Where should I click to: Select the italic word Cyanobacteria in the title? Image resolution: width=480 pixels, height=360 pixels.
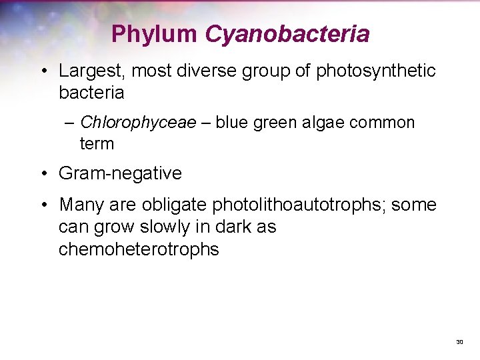click(x=287, y=33)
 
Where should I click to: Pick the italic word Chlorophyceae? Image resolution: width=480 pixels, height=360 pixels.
click(x=138, y=123)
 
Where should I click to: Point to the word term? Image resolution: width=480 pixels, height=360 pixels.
click(x=97, y=143)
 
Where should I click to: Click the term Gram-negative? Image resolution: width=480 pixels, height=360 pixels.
click(x=120, y=174)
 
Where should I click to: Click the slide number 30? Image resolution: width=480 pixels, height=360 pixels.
click(x=459, y=342)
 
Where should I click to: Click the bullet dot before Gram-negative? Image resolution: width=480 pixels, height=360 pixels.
click(x=43, y=174)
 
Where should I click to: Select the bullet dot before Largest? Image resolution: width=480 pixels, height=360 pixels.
click(x=43, y=71)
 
